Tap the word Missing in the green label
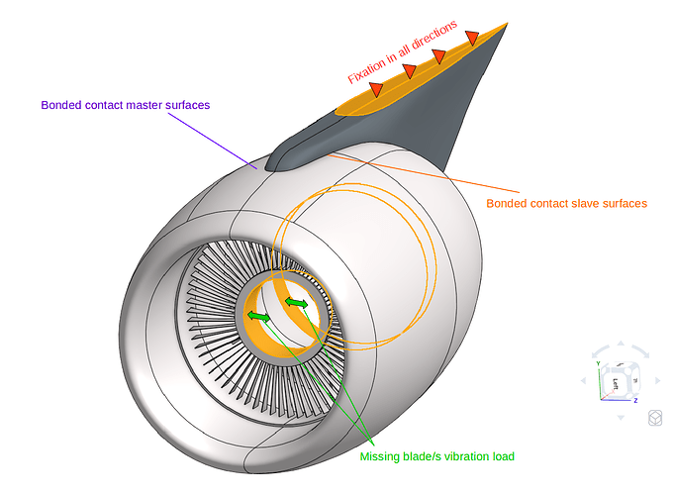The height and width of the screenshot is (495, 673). [381, 456]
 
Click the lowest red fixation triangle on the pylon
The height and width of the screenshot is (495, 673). [376, 89]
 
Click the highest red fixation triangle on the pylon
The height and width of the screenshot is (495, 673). [472, 38]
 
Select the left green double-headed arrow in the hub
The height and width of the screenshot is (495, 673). [259, 316]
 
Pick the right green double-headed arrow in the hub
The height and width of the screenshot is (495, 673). [297, 302]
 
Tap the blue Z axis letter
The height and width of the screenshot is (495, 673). [634, 399]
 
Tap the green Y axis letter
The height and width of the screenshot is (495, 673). [598, 363]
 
